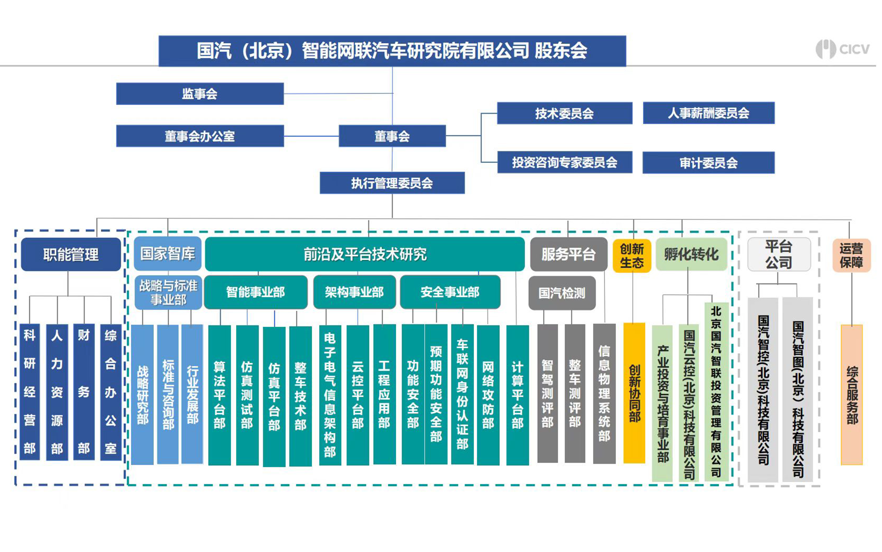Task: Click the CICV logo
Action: click(842, 49)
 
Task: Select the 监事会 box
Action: click(200, 94)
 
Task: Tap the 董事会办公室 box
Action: click(200, 136)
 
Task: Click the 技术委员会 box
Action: click(565, 113)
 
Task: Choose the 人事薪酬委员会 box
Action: click(709, 113)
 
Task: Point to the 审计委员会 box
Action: click(709, 163)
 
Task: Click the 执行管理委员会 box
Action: click(392, 183)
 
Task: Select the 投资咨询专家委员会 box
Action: click(565, 162)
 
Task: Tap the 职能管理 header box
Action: click(71, 254)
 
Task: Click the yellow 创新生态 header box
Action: click(632, 256)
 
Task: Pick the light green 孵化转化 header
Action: click(692, 254)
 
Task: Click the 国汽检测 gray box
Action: click(562, 293)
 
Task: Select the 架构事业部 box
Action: click(354, 292)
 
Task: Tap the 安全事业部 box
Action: click(450, 292)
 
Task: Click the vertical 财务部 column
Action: click(84, 392)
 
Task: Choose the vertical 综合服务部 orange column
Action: click(852, 395)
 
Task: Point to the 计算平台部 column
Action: click(517, 395)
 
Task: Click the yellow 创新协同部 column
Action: click(634, 393)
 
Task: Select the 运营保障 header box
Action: click(851, 255)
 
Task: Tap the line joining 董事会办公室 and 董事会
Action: click(311, 136)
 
